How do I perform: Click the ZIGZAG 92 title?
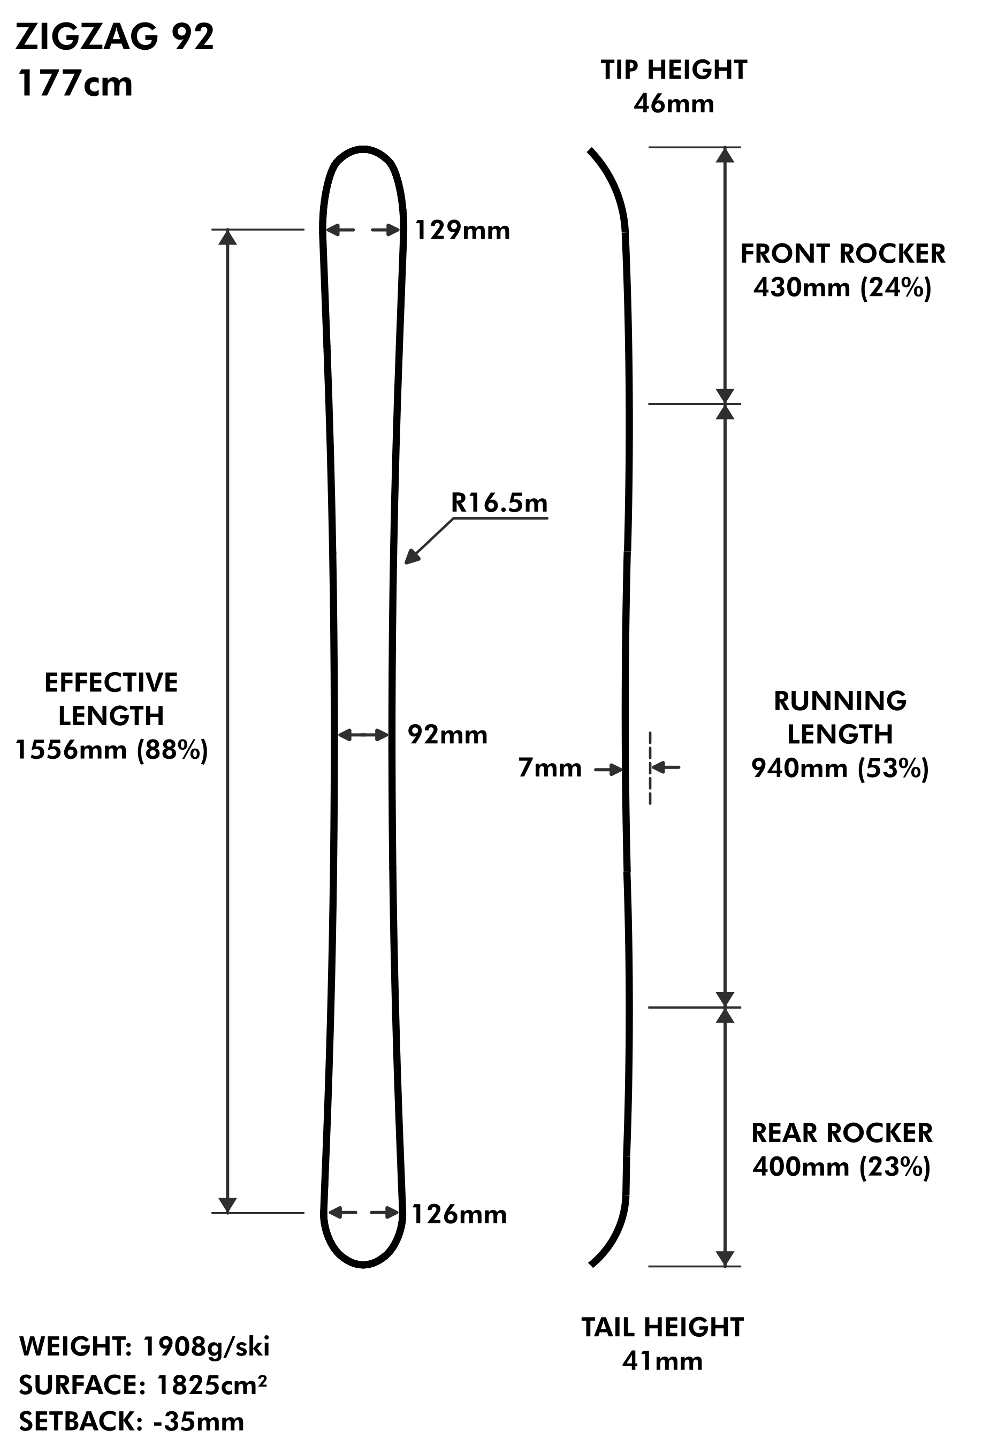[115, 37]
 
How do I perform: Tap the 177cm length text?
[75, 84]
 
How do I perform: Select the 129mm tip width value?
[462, 231]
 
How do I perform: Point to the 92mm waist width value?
[447, 735]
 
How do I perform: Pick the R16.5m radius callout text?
[499, 503]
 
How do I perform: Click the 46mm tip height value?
[673, 104]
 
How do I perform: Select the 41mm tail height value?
[662, 1361]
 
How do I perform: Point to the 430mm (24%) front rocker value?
[842, 288]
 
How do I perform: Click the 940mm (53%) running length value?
[840, 768]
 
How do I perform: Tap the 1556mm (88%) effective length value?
[111, 750]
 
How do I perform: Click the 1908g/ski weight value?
[207, 1346]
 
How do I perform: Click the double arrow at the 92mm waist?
[363, 735]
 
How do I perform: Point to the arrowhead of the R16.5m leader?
[410, 559]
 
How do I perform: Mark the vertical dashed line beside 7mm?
[650, 768]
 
